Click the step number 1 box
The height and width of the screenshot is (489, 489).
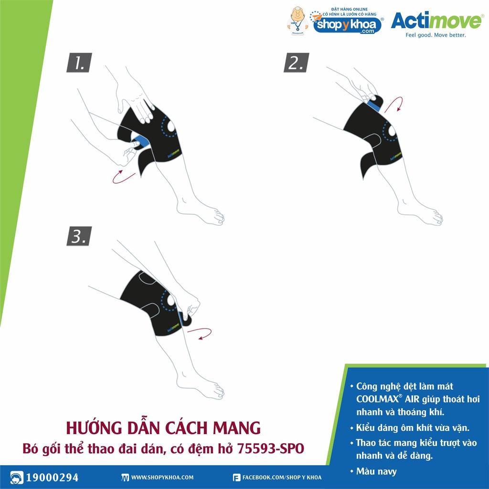[79, 63]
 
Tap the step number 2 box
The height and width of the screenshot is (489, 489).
[296, 63]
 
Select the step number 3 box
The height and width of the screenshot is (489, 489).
[79, 236]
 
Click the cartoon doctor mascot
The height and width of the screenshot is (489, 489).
[298, 21]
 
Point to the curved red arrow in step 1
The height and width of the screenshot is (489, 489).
[124, 177]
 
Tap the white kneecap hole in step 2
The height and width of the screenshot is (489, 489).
[392, 131]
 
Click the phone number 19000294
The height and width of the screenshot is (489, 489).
[52, 478]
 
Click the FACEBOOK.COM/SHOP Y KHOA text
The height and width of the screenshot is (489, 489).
[282, 478]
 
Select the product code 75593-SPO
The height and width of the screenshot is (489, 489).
[271, 449]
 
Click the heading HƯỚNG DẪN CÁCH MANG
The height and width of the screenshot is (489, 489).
[163, 428]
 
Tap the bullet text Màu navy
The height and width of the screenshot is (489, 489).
[376, 471]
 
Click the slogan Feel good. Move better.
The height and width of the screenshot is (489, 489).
[436, 35]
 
